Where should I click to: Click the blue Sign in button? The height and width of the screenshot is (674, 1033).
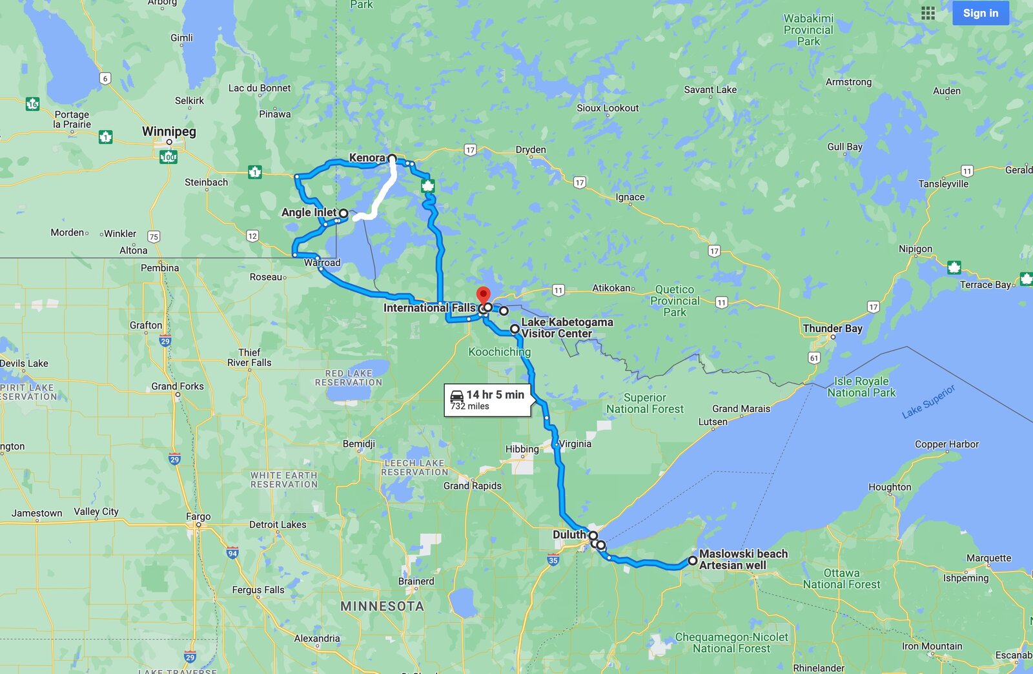tap(980, 13)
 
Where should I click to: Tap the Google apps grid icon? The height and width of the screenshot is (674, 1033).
tap(928, 13)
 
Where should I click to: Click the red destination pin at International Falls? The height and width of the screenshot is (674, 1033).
tap(483, 296)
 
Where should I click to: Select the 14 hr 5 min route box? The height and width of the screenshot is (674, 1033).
tap(487, 400)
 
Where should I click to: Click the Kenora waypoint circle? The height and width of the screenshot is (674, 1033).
tap(392, 158)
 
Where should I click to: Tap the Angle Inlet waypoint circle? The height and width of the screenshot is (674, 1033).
tap(343, 213)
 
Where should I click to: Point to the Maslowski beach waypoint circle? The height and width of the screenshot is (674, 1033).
tap(692, 560)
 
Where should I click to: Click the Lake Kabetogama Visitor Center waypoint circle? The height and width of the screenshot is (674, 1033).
tap(515, 329)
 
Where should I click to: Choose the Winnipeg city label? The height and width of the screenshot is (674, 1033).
tap(169, 132)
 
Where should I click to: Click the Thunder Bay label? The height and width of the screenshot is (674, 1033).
tap(832, 329)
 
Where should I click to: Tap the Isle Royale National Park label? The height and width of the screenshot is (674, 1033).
tap(861, 387)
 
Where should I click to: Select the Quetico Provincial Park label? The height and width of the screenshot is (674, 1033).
tap(675, 301)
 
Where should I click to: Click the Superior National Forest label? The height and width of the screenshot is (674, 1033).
tap(644, 403)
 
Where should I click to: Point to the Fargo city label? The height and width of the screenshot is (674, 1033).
tap(198, 516)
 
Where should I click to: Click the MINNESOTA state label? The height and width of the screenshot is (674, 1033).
tap(382, 606)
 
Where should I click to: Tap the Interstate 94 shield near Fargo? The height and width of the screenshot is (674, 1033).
tap(232, 553)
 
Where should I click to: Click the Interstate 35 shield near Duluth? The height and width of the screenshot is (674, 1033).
tap(553, 560)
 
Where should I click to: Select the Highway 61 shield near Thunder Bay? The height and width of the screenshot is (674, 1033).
tap(814, 358)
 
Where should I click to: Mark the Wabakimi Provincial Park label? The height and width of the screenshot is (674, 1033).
tap(808, 30)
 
